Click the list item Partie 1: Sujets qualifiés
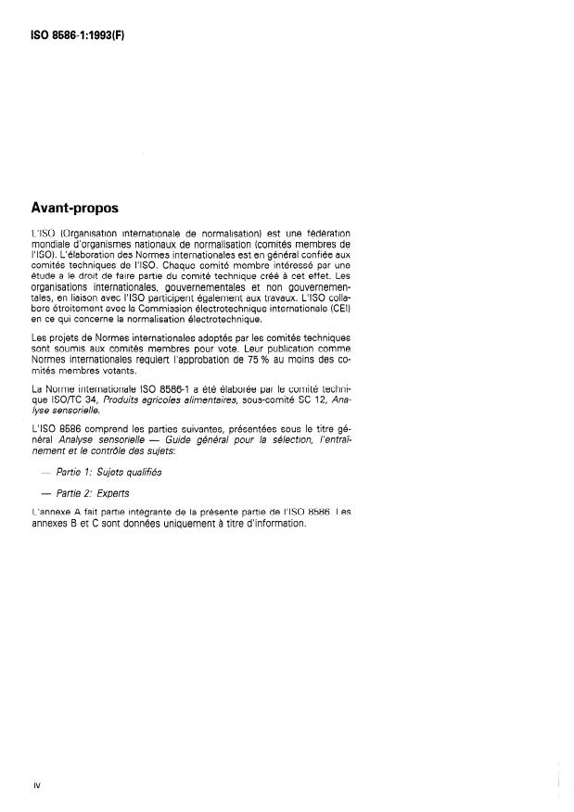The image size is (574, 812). coord(109,472)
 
